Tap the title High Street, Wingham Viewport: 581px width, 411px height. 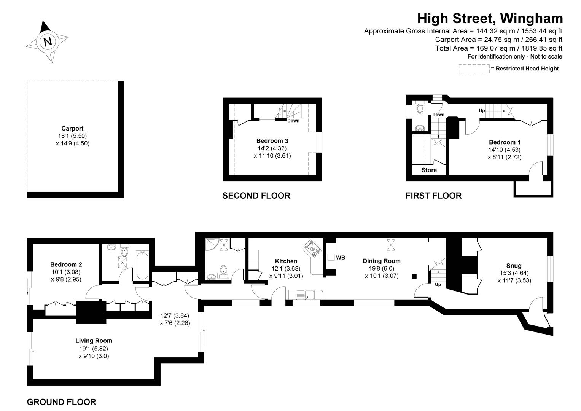click(490, 18)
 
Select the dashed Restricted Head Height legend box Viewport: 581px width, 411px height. click(474, 68)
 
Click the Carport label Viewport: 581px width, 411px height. click(72, 129)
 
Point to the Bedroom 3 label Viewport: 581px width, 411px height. click(272, 140)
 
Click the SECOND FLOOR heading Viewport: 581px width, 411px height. click(256, 196)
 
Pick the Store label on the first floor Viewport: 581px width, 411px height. click(429, 170)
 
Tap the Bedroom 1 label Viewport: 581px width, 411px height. click(505, 142)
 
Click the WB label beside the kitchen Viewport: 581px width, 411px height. click(341, 258)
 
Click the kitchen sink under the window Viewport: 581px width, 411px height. click(305, 294)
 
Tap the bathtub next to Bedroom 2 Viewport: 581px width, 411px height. click(141, 264)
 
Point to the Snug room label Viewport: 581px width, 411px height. click(514, 266)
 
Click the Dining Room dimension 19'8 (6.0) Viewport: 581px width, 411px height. click(381, 268)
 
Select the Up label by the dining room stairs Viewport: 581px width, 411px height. click(438, 284)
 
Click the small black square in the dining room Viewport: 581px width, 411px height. click(414, 276)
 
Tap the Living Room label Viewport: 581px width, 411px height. click(94, 341)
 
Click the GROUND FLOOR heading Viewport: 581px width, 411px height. click(61, 402)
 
